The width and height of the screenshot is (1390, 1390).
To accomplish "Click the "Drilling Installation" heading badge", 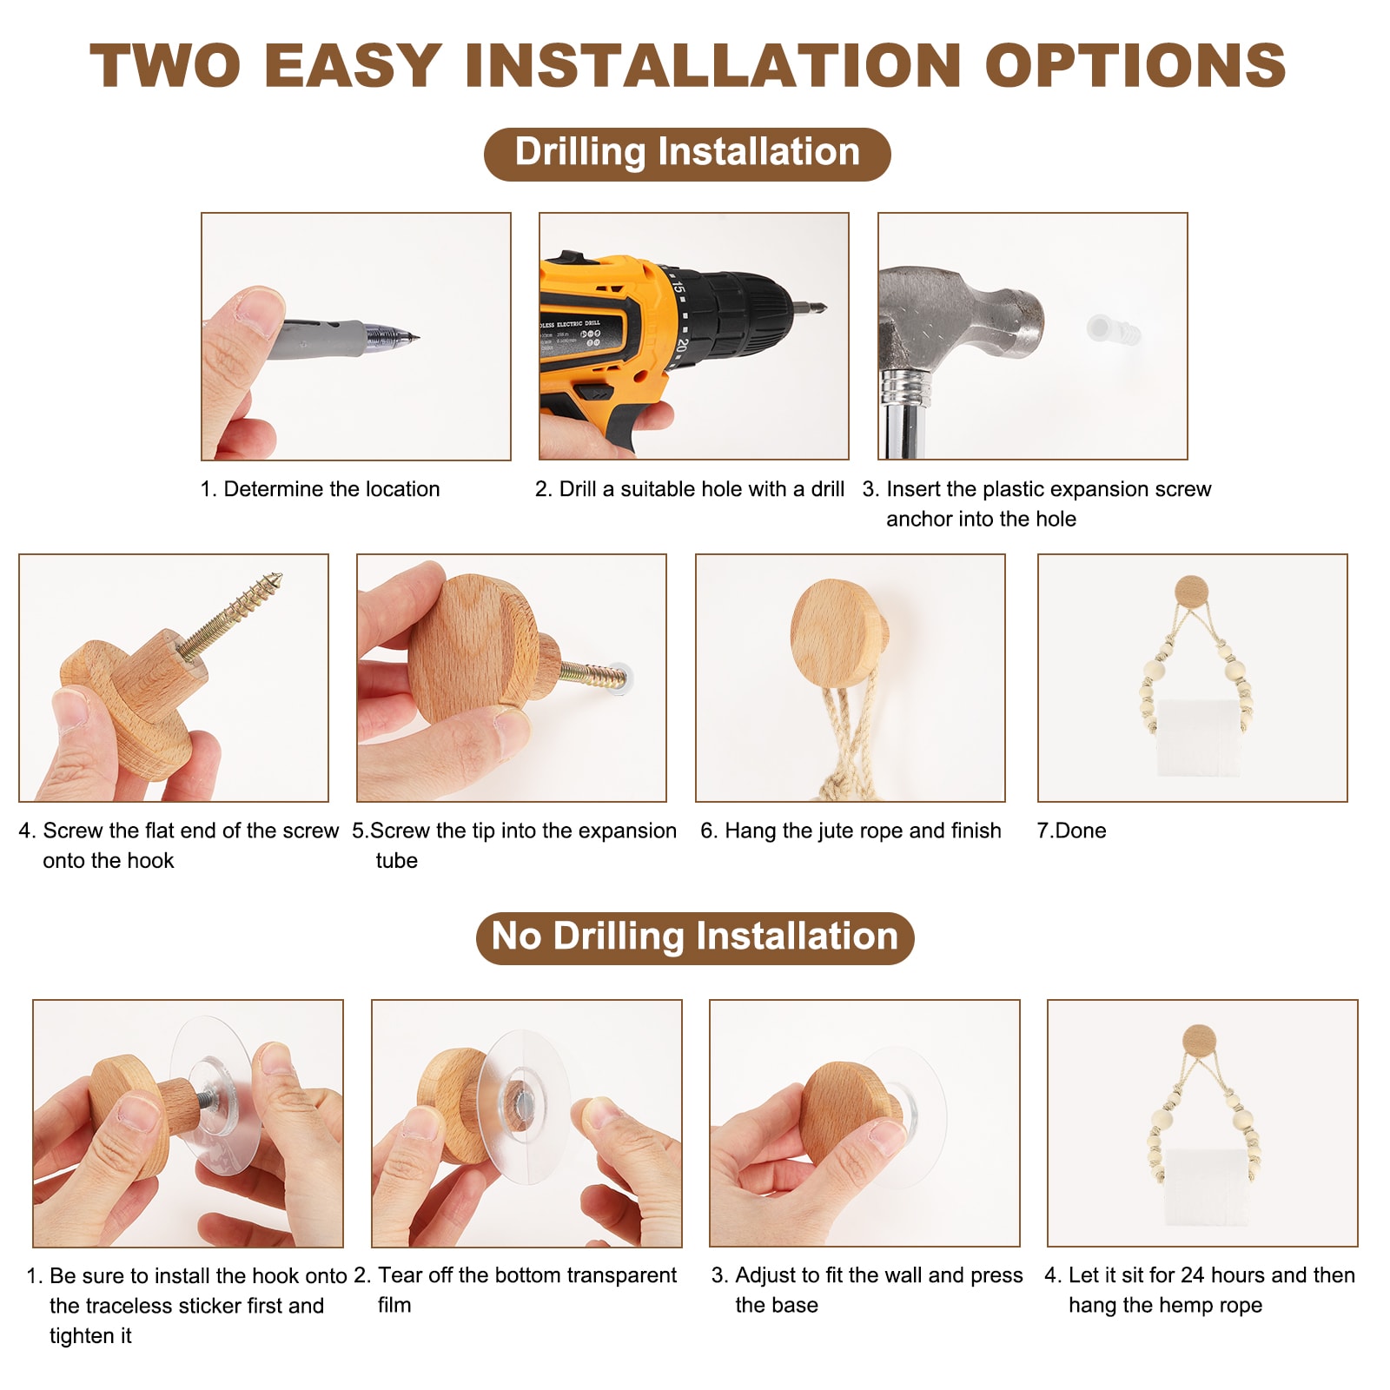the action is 687,154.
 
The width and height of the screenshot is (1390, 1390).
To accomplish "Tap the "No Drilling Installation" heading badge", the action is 695,937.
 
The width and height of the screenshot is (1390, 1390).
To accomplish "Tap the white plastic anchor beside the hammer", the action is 1112,329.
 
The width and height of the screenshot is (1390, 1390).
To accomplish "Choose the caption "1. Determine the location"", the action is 321,489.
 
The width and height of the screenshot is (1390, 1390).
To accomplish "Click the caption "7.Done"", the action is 1071,831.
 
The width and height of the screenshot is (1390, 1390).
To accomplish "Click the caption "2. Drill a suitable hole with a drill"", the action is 690,489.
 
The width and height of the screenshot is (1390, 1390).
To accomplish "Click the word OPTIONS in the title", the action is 1135,65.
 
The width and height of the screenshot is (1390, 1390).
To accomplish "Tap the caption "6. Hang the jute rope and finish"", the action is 851,831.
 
